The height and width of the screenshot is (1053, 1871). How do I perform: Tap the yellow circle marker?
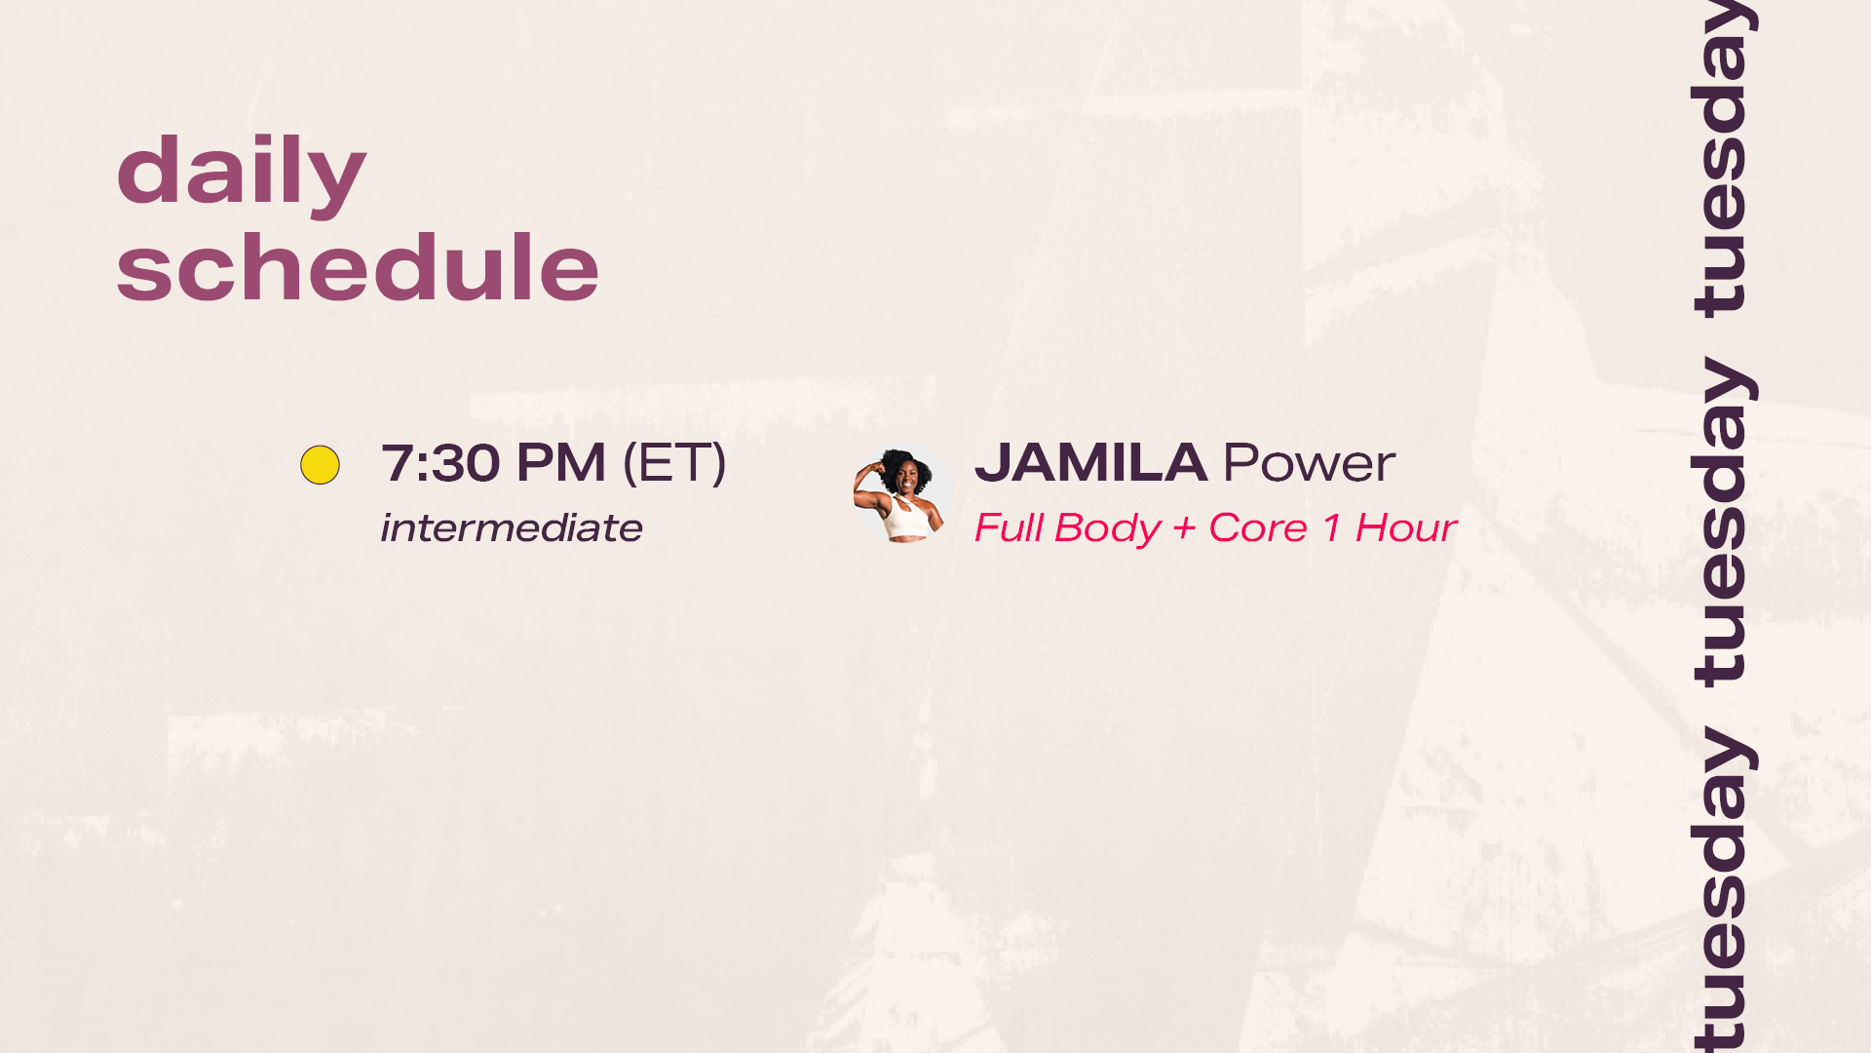click(x=320, y=465)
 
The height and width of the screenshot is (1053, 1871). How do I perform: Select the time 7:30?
click(x=441, y=463)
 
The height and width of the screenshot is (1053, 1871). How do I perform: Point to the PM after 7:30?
click(x=561, y=463)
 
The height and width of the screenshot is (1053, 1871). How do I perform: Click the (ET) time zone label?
click(x=674, y=463)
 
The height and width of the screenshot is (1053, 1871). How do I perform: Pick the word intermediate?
click(x=512, y=528)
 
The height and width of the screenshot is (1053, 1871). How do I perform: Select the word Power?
click(x=1310, y=463)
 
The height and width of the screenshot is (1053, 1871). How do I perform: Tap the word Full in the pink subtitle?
click(x=1009, y=528)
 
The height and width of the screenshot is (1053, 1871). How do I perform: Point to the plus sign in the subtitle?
click(x=1185, y=529)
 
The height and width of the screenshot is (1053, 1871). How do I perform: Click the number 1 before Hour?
click(x=1332, y=528)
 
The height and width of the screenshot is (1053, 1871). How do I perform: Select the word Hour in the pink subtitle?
click(x=1406, y=528)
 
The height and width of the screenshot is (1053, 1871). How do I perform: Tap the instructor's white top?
click(x=907, y=517)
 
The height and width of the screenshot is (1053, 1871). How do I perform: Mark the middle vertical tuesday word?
click(x=1724, y=523)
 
